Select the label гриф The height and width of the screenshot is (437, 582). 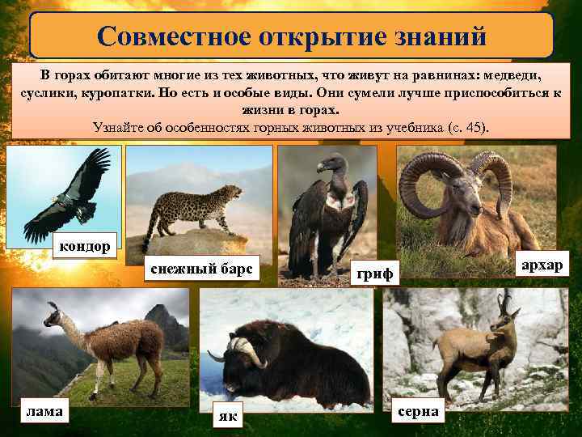pyautogui.click(x=375, y=274)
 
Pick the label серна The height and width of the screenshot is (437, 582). pyautogui.click(x=418, y=411)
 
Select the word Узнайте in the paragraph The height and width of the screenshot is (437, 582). pyautogui.click(x=119, y=126)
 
